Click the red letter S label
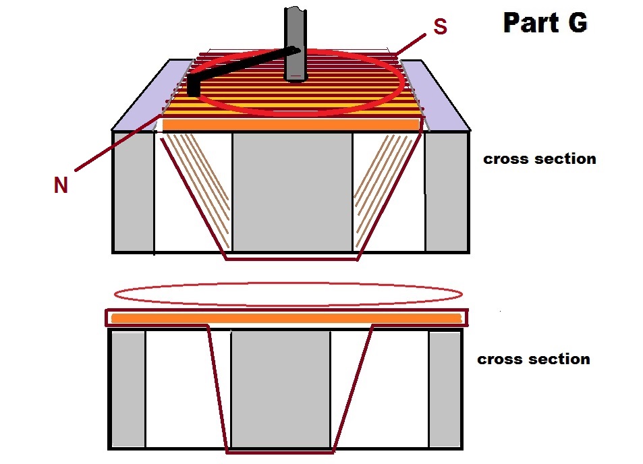click(x=440, y=27)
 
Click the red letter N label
click(x=61, y=185)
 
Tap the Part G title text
click(x=545, y=22)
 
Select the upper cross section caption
click(x=539, y=158)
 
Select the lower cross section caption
click(x=534, y=359)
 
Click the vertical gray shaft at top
click(x=296, y=43)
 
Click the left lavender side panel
click(x=152, y=96)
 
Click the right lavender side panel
click(x=435, y=96)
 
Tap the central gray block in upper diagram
click(x=292, y=192)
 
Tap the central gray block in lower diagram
click(x=281, y=388)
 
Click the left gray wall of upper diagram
click(x=134, y=191)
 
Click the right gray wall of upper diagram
click(x=447, y=191)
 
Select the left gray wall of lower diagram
click(x=128, y=389)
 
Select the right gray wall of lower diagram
click(x=445, y=389)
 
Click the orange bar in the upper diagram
click(x=291, y=125)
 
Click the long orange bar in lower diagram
click(x=287, y=318)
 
